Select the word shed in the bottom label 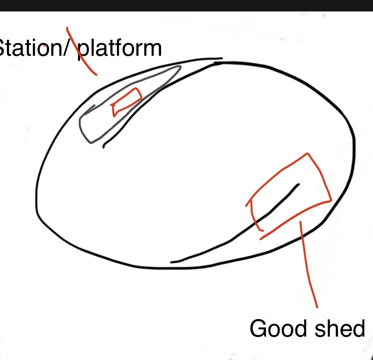point(340,328)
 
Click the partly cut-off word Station point(30,48)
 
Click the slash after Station point(66,48)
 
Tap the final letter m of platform point(152,49)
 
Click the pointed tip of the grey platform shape point(181,66)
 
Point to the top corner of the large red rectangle point(307,153)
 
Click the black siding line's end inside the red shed point(299,184)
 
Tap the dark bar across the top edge point(186,5)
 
